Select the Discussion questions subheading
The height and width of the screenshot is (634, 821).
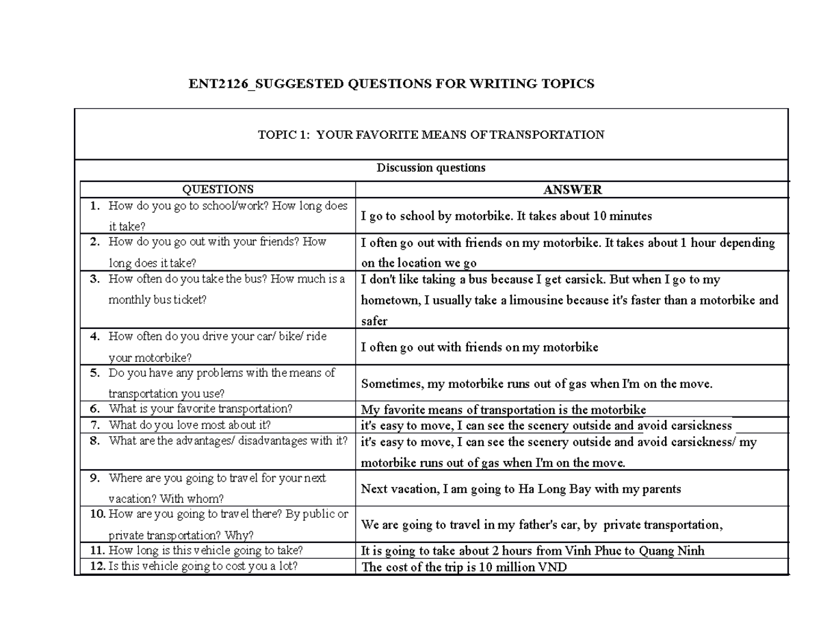431,168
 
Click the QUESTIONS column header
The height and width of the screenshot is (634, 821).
218,189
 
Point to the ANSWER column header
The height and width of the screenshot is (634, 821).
572,189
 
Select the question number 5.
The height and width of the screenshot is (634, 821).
94,373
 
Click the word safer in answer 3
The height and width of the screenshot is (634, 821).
374,321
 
